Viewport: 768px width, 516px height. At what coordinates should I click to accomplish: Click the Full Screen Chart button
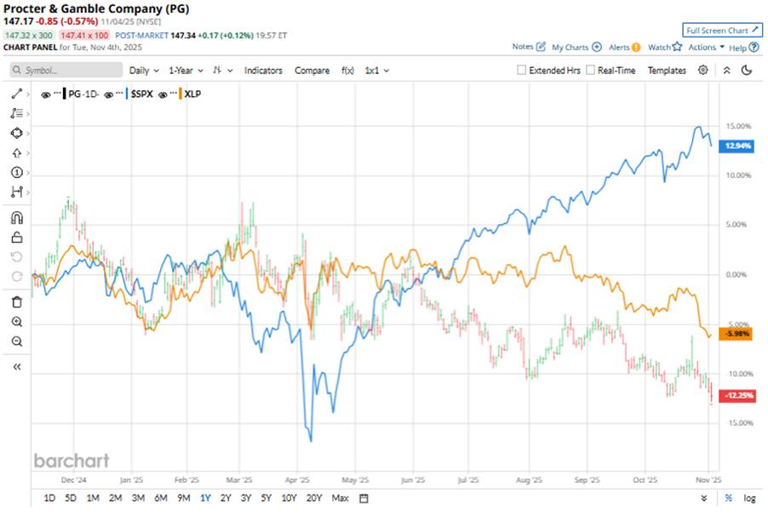(x=722, y=31)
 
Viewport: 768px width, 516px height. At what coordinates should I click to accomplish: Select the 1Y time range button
(x=204, y=498)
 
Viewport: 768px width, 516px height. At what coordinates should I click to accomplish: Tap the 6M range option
(x=161, y=498)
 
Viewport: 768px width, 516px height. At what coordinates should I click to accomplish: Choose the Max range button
(x=340, y=498)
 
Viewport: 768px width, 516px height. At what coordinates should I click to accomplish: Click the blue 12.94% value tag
(x=736, y=146)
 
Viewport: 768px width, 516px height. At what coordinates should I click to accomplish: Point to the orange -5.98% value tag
(x=736, y=334)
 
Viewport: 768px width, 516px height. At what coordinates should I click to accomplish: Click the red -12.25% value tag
(x=736, y=396)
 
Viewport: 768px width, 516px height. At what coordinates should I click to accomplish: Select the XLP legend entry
(x=195, y=95)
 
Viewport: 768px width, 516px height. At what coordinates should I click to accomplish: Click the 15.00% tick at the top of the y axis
(x=737, y=126)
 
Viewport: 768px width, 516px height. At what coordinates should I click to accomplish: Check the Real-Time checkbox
(x=590, y=71)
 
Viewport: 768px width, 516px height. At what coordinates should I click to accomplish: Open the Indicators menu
(x=263, y=71)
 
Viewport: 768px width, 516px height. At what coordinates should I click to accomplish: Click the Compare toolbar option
(x=312, y=71)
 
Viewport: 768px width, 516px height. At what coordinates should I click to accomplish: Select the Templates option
(x=667, y=71)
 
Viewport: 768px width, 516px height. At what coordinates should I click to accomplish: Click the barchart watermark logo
(x=72, y=461)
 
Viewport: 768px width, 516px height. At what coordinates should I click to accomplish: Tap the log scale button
(x=749, y=498)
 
